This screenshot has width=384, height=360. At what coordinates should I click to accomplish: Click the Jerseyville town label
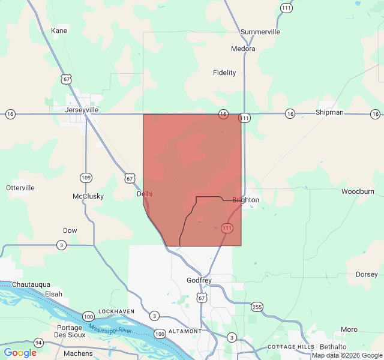pyautogui.click(x=82, y=110)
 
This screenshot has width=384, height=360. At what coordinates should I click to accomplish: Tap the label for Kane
pyautogui.click(x=59, y=31)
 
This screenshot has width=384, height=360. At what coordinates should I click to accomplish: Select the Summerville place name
pyautogui.click(x=260, y=32)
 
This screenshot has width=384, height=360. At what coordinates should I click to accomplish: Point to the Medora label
pyautogui.click(x=243, y=49)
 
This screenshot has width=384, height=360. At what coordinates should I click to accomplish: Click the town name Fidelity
pyautogui.click(x=224, y=73)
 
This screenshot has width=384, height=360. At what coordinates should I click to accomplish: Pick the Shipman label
pyautogui.click(x=329, y=112)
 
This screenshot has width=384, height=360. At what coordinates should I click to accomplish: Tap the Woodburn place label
pyautogui.click(x=358, y=191)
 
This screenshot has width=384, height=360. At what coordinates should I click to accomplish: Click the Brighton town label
pyautogui.click(x=245, y=200)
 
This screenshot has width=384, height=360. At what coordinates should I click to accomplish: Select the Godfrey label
pyautogui.click(x=199, y=280)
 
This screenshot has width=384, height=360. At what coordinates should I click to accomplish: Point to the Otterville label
pyautogui.click(x=20, y=188)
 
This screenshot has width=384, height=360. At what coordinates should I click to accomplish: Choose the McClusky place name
pyautogui.click(x=88, y=196)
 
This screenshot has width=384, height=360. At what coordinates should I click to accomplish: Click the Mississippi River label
pyautogui.click(x=109, y=329)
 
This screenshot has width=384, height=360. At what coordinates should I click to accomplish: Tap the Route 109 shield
pyautogui.click(x=86, y=178)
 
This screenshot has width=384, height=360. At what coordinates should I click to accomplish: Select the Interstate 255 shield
pyautogui.click(x=257, y=306)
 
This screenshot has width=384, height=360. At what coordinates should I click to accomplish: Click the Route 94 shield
pyautogui.click(x=39, y=343)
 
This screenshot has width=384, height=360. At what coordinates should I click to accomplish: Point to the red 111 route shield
pyautogui.click(x=227, y=228)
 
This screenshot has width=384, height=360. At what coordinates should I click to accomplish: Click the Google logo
pyautogui.click(x=20, y=353)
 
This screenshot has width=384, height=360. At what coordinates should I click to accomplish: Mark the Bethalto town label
pyautogui.click(x=333, y=347)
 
